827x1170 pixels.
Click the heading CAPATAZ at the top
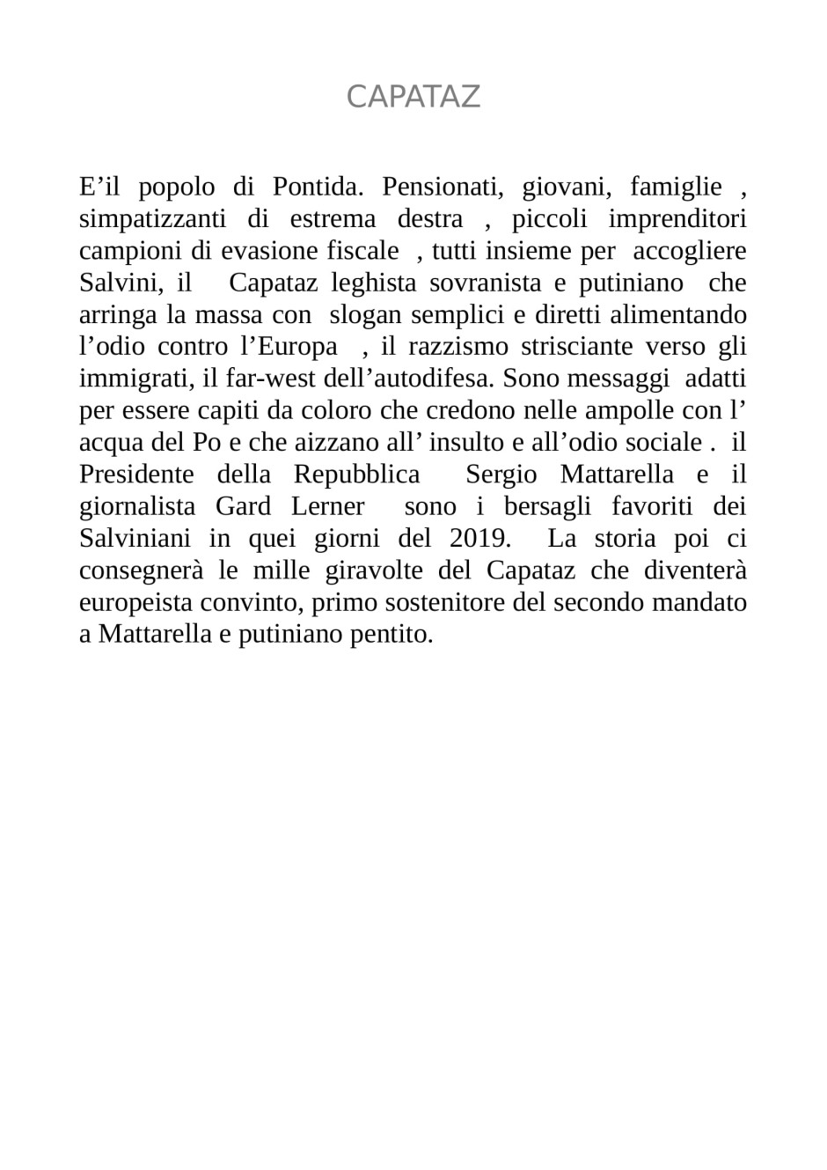tap(413, 97)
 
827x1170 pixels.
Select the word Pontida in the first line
tap(313, 187)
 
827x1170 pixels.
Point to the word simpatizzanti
tap(152, 219)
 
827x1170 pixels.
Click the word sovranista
tap(485, 283)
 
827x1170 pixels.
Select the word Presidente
tap(136, 475)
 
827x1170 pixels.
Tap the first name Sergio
tap(501, 475)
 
